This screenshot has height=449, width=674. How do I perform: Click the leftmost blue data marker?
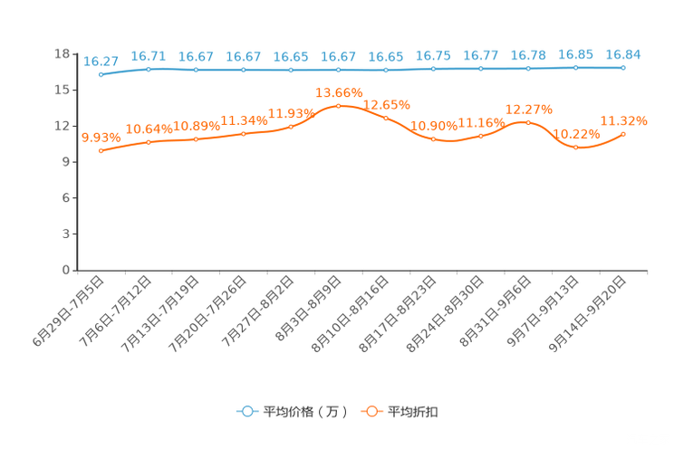(101, 75)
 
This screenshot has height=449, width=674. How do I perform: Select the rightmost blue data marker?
(622, 67)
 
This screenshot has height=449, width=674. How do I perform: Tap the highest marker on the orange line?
(338, 106)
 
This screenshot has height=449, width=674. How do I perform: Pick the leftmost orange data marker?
(101, 151)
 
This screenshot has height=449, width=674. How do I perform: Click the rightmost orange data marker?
(622, 135)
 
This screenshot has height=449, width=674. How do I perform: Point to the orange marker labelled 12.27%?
(528, 123)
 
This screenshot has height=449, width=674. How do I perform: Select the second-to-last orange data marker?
(575, 147)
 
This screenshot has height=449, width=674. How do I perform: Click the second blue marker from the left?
(149, 69)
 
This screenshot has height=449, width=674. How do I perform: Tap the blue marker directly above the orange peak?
(338, 70)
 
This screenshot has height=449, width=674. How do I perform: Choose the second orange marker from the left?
(149, 142)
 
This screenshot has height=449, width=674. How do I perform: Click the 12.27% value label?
(526, 109)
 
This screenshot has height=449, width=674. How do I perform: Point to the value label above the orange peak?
(338, 91)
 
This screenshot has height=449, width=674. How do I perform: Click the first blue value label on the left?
(101, 61)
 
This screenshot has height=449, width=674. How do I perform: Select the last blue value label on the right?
(622, 53)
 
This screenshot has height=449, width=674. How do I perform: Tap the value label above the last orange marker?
(623, 120)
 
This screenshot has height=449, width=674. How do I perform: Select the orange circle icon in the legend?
(371, 411)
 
